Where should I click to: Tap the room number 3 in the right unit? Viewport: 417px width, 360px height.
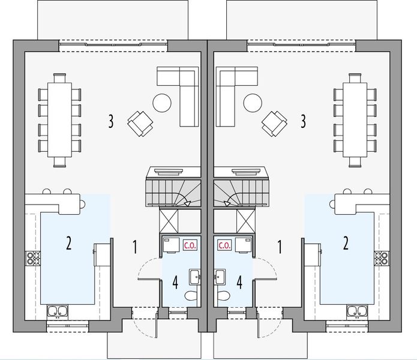pyautogui.click(x=304, y=122)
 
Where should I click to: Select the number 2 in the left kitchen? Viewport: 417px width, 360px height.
pyautogui.click(x=68, y=243)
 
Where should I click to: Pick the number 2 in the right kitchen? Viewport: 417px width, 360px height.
pyautogui.click(x=345, y=243)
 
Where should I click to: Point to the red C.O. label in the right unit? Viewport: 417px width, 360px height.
pyautogui.click(x=225, y=245)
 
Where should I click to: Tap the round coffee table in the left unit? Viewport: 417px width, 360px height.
pyautogui.click(x=163, y=103)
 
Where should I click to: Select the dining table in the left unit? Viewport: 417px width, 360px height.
pyautogui.click(x=59, y=119)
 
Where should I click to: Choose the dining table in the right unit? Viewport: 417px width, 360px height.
pyautogui.click(x=355, y=119)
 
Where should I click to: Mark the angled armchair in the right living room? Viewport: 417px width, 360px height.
pyautogui.click(x=275, y=123)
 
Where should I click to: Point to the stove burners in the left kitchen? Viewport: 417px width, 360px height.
pyautogui.click(x=31, y=259)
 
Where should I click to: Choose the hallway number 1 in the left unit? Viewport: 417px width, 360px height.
pyautogui.click(x=136, y=245)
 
